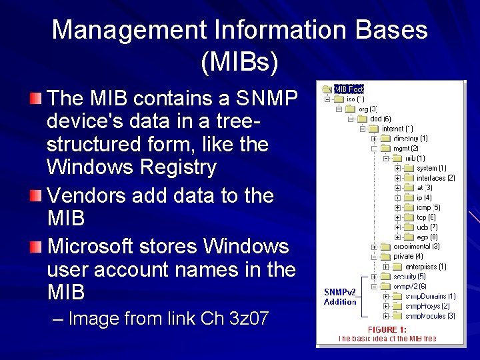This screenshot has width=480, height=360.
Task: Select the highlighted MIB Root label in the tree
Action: (349, 89)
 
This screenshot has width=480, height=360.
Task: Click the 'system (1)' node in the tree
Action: (431, 168)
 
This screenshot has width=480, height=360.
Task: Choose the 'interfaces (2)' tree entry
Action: (435, 178)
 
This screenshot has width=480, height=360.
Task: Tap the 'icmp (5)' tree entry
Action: (428, 207)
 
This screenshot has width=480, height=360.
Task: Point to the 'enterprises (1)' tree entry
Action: (425, 267)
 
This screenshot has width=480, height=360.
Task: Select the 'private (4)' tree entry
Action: (408, 256)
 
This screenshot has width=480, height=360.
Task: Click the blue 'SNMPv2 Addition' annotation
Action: (340, 297)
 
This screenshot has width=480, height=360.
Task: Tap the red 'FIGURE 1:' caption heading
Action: (387, 329)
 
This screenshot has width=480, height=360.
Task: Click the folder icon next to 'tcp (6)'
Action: (409, 217)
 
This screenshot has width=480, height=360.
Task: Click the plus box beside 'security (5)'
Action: (374, 276)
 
